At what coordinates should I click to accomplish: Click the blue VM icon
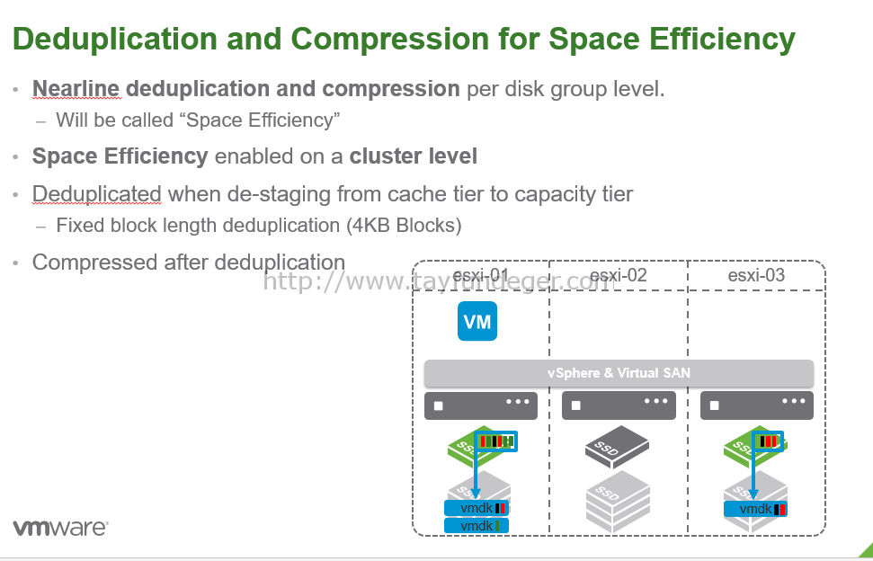477,321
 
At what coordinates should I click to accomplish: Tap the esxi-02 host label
618,275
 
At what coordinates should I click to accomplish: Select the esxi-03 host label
756,275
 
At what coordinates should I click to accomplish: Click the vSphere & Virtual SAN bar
619,373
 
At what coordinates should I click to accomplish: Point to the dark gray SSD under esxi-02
617,447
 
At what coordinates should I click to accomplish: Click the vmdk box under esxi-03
755,509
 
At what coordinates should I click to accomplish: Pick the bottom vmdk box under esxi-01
476,525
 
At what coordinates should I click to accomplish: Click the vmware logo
60,528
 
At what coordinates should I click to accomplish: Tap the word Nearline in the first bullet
76,88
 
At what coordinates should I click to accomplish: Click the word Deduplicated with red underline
97,193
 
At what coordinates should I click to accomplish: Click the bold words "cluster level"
413,156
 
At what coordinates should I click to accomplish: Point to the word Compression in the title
388,39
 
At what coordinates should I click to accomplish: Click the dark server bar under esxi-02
619,405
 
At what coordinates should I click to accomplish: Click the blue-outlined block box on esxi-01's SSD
495,441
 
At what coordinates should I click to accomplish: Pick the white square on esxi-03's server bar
715,405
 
